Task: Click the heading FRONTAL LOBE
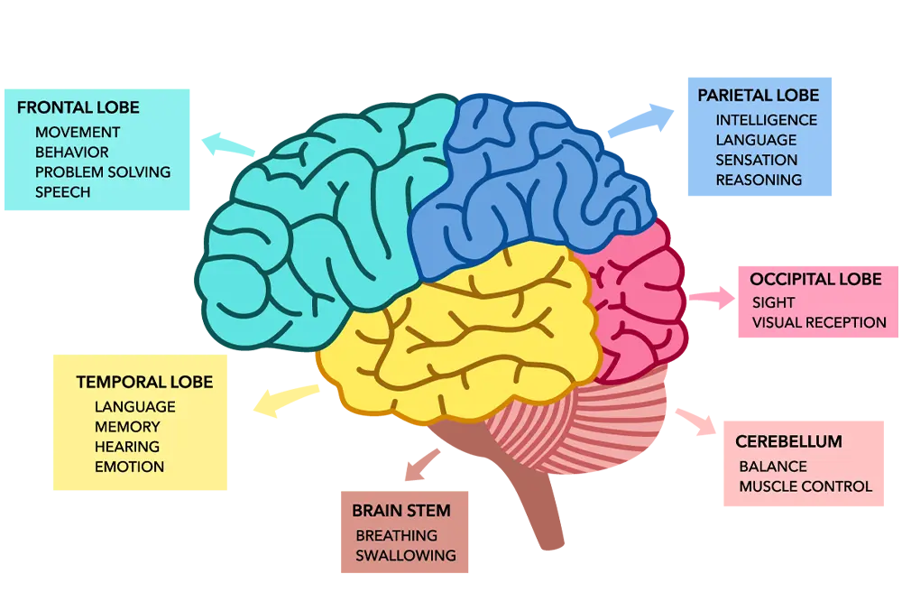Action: (78, 107)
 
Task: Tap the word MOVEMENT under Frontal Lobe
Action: (78, 132)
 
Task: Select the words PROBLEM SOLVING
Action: (103, 171)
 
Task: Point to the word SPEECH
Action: (63, 191)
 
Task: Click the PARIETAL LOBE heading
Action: (759, 95)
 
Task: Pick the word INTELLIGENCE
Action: (767, 120)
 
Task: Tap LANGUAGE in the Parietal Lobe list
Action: (756, 140)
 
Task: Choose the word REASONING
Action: (759, 180)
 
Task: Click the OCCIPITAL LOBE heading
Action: (815, 279)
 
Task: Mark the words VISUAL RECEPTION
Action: (819, 322)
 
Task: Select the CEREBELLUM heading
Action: (788, 441)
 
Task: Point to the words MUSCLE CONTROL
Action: (805, 486)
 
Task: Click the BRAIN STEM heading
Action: (401, 511)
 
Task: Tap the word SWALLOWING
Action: (406, 555)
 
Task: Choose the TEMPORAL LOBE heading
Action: (144, 382)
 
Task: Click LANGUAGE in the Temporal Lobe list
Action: (134, 407)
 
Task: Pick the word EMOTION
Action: (129, 467)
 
